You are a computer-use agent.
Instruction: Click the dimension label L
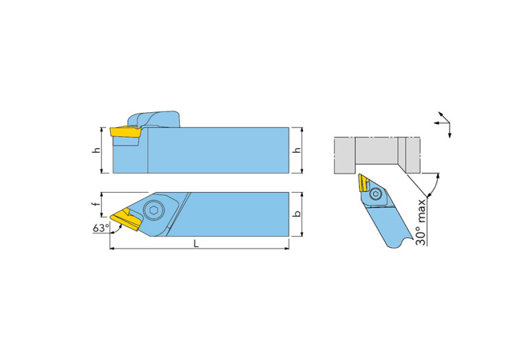[x=196, y=244]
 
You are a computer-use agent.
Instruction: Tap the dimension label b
[x=297, y=214]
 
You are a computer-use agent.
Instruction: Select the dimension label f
[x=96, y=204]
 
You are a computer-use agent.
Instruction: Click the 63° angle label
[x=101, y=228]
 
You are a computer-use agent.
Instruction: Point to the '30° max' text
[x=421, y=222]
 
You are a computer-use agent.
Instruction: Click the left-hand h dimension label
[x=96, y=150]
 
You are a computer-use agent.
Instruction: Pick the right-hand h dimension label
[x=297, y=150]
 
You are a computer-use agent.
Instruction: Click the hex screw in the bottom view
[x=154, y=211]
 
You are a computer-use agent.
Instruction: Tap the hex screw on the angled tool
[x=375, y=194]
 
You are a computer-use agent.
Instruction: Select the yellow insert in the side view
[x=125, y=131]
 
